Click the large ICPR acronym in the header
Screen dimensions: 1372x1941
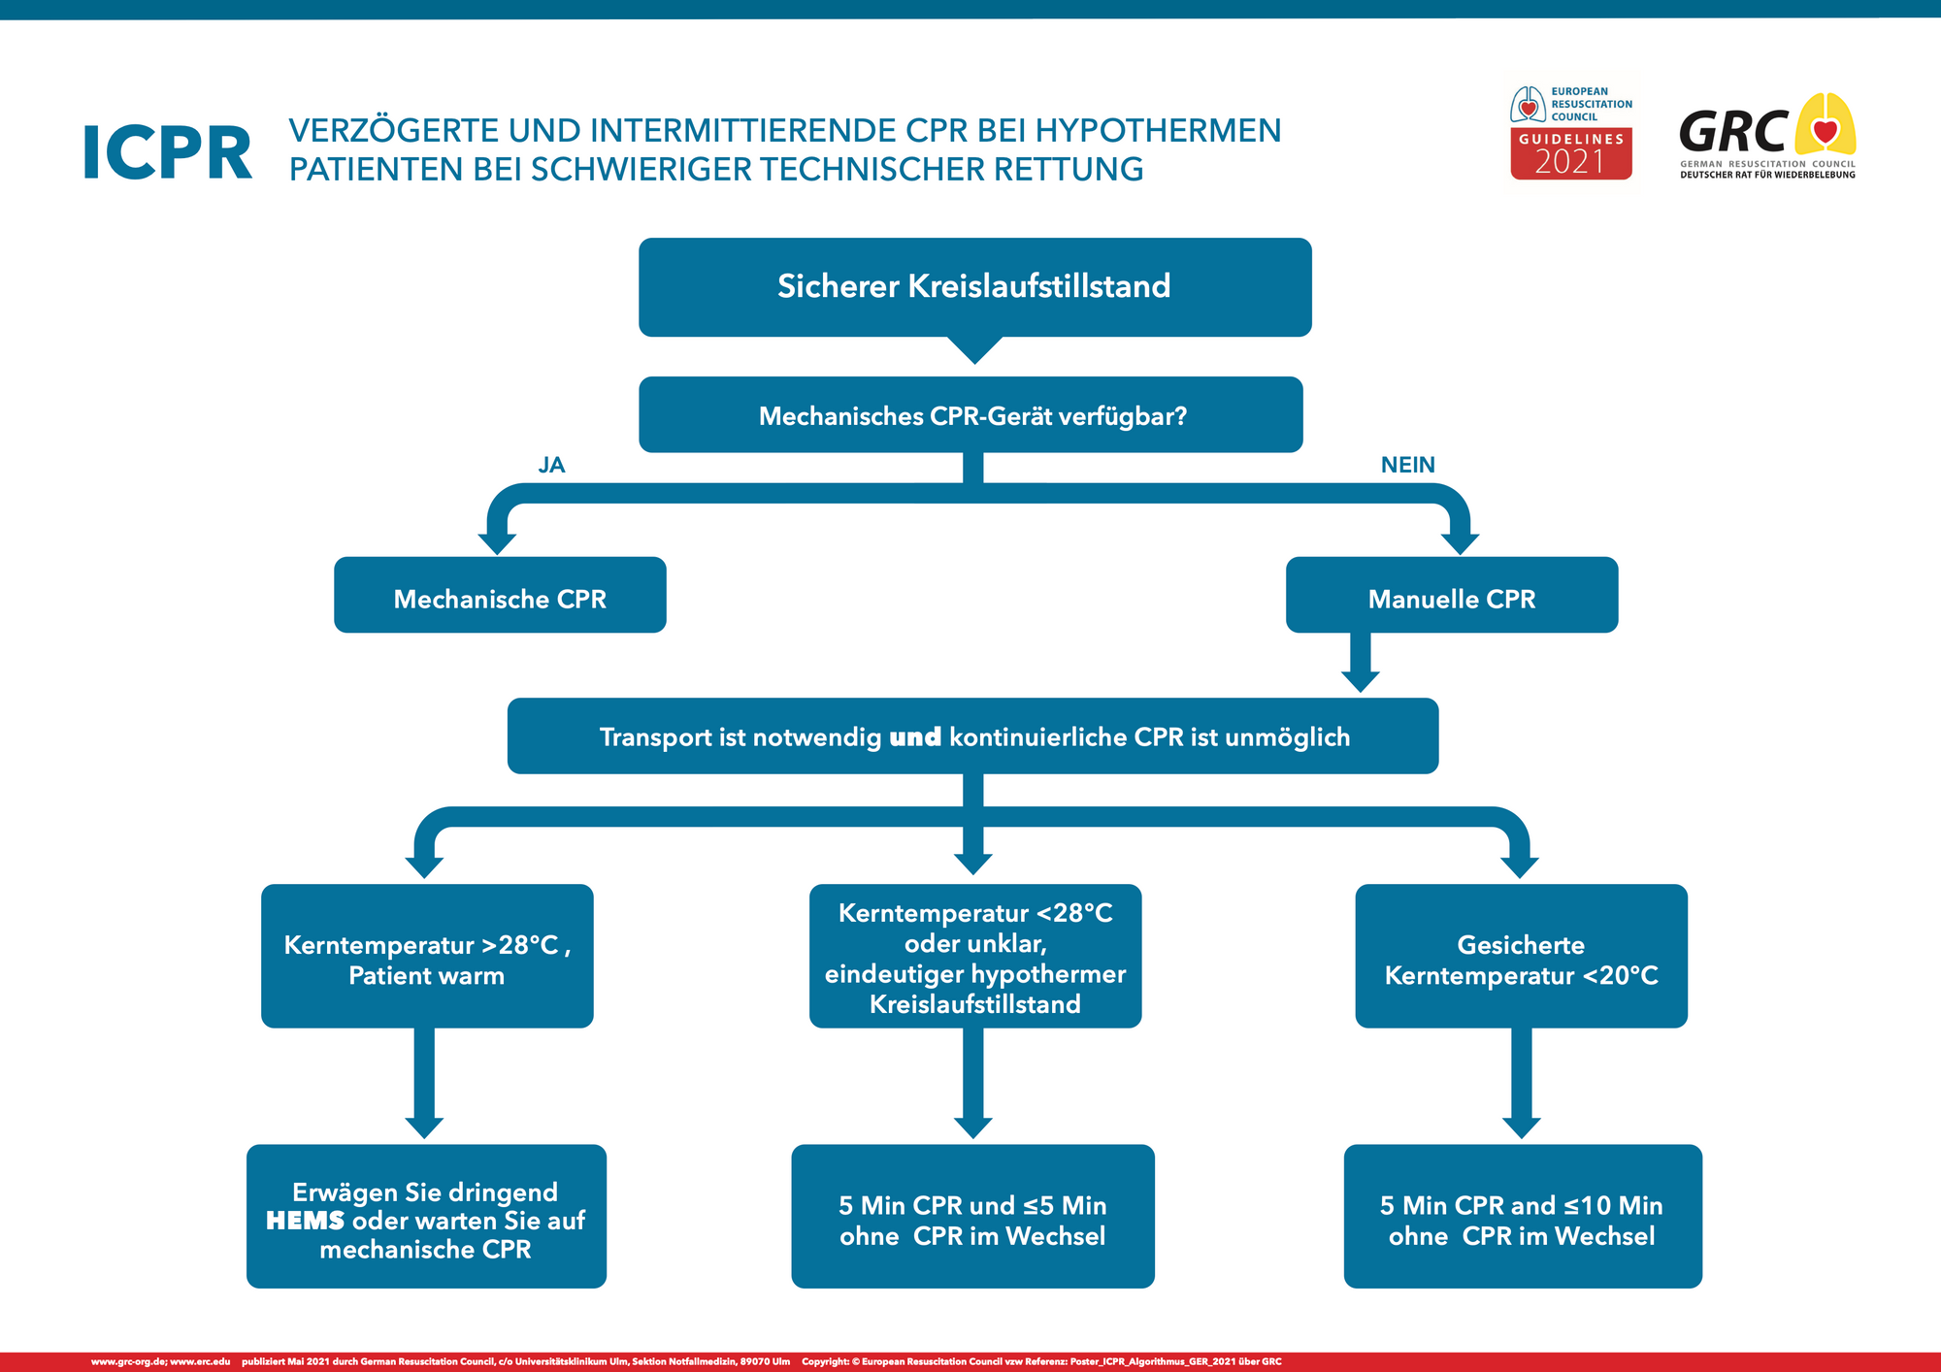(167, 153)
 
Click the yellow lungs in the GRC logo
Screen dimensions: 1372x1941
(1825, 126)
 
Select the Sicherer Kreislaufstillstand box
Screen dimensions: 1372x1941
(974, 286)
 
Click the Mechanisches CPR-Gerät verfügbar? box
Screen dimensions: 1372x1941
(970, 415)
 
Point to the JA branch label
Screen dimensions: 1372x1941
(551, 465)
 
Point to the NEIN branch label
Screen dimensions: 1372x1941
(1407, 465)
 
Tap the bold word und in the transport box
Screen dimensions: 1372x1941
(915, 737)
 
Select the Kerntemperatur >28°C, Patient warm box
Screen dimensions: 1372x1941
(427, 957)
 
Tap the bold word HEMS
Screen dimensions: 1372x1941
(305, 1221)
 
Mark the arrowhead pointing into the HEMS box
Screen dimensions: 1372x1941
(424, 1127)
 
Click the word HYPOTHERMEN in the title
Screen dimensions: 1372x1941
(1159, 131)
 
